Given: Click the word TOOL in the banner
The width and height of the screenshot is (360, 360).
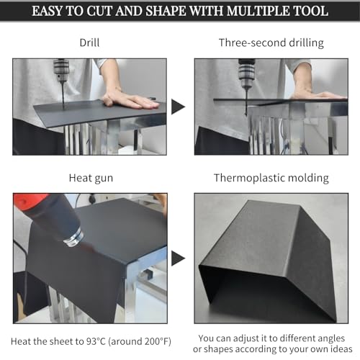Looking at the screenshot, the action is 310,11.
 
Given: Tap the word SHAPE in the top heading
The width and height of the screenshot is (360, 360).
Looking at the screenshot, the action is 166,11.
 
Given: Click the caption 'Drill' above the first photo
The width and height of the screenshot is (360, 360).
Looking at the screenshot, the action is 89,42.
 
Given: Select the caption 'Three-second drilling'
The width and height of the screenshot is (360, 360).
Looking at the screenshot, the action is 271,43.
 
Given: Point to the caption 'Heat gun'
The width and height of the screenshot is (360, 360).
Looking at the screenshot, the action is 91,179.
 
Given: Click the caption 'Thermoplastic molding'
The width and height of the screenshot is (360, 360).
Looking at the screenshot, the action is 271,178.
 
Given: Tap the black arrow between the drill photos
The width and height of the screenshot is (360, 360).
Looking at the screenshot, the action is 178,107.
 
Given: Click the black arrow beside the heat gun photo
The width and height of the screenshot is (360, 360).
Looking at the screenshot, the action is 178,258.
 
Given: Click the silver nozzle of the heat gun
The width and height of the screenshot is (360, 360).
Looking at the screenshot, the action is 74,238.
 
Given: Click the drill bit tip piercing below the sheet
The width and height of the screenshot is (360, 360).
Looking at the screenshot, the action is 246,114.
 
